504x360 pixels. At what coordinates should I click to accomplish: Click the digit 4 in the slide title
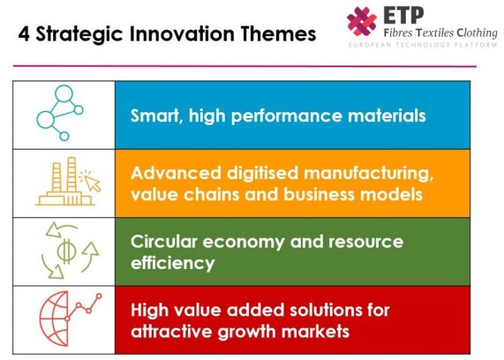(24, 34)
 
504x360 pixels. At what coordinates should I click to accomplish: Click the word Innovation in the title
(182, 34)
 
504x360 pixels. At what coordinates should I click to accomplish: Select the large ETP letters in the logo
(403, 15)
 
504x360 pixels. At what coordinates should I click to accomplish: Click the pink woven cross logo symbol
(362, 21)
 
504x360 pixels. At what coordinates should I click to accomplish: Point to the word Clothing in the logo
(477, 33)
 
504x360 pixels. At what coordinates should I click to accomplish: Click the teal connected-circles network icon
(60, 113)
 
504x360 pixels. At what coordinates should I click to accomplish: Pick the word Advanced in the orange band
(176, 173)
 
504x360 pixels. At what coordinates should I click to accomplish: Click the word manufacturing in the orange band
(368, 174)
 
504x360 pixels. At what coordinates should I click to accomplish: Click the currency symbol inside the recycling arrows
(66, 251)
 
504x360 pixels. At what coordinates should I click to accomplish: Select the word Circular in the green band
(163, 242)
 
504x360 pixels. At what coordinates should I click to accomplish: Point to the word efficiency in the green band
(173, 263)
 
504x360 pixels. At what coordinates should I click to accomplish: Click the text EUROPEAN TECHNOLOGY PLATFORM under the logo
(423, 45)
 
